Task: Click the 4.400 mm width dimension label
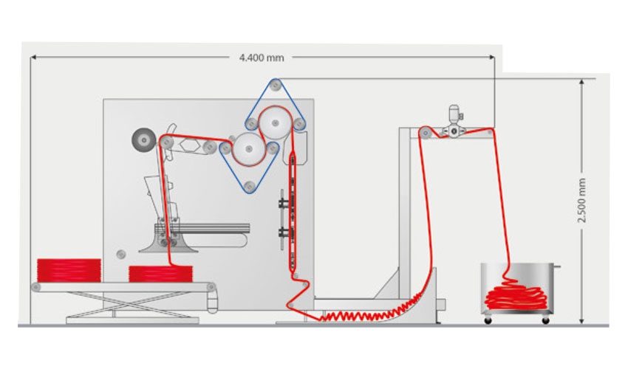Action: click(x=262, y=58)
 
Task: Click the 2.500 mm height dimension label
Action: click(x=581, y=200)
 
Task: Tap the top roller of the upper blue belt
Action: click(x=275, y=85)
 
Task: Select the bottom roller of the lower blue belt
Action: click(x=250, y=186)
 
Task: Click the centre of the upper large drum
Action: click(x=275, y=123)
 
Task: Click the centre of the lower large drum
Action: click(x=249, y=149)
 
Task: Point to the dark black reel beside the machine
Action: click(x=144, y=140)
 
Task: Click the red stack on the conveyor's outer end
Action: click(x=69, y=271)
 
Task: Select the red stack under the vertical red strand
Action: click(x=160, y=274)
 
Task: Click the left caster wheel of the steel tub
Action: click(x=488, y=320)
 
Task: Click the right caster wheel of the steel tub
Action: click(x=545, y=320)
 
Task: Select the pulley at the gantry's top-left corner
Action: click(x=426, y=133)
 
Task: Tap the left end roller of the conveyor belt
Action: click(x=36, y=287)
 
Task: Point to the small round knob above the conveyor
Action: click(x=121, y=254)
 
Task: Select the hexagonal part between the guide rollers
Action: click(x=190, y=145)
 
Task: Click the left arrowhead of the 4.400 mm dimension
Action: click(x=33, y=58)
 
